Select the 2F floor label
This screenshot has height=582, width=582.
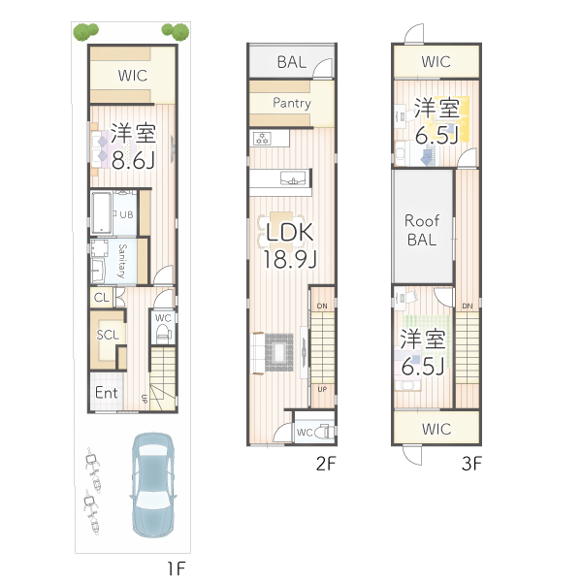pos(325,463)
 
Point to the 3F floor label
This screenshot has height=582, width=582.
pos(471,463)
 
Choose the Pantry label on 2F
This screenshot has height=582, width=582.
pos(291,103)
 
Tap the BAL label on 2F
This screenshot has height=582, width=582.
pos(291,62)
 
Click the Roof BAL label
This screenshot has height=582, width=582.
pos(422,229)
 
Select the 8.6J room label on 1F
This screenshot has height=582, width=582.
pos(134,146)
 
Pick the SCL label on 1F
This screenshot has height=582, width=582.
pos(108,335)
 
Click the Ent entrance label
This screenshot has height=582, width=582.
pos(106,393)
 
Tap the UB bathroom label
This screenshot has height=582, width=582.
pos(126,214)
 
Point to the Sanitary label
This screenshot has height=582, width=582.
pos(122,260)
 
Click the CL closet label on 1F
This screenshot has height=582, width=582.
pos(102,298)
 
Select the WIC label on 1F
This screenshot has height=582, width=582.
pos(134,75)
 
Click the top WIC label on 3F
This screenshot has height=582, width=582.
pos(436,62)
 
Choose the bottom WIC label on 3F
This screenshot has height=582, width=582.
pos(436,427)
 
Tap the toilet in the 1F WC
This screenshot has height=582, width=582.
pos(162,332)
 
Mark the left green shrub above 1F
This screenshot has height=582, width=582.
pos(85,32)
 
